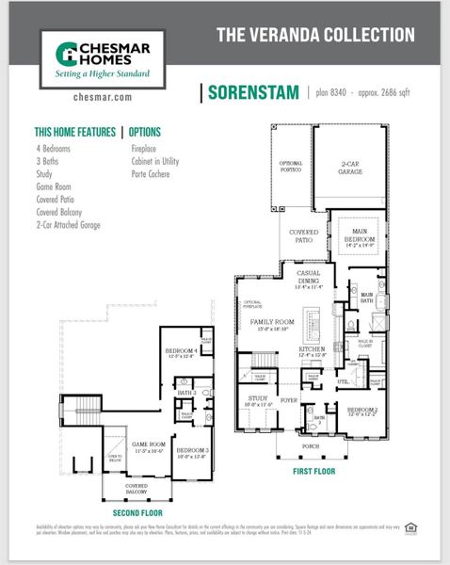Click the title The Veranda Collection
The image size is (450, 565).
click(x=315, y=35)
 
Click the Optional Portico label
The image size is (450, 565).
click(x=291, y=167)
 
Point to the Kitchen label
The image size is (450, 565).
click(x=312, y=349)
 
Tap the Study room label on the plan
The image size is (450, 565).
click(x=259, y=399)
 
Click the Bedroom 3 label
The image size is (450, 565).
click(x=192, y=450)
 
